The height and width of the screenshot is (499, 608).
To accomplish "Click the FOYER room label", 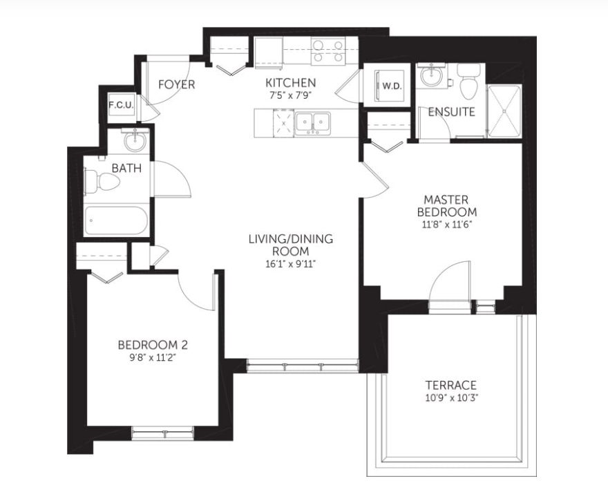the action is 176,84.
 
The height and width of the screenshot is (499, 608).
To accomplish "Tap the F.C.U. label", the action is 121,105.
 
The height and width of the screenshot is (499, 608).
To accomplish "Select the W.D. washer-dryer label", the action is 392,86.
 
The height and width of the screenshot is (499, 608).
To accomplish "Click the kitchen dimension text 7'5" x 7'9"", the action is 290,95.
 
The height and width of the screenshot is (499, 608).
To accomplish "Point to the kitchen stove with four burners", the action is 328,51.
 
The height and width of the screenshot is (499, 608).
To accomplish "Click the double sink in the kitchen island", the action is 312,124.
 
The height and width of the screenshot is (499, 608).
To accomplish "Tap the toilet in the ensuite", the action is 469,81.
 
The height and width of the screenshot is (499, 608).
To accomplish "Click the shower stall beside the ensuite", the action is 504,111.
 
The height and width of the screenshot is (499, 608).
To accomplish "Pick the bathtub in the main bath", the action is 116,220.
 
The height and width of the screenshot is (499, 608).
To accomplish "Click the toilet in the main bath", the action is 102,181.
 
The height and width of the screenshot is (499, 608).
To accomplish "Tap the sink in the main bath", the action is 135,141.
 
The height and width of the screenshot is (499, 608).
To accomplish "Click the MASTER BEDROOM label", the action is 447,206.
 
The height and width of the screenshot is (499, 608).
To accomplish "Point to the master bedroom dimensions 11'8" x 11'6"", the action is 447,225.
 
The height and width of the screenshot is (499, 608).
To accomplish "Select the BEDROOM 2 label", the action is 153,345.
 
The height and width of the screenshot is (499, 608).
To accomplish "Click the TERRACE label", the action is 451,386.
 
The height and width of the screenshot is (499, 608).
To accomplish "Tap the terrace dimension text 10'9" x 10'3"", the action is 451,397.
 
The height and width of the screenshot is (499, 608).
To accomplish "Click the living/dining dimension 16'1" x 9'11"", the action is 290,264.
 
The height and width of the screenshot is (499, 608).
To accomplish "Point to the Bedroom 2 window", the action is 162,432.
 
